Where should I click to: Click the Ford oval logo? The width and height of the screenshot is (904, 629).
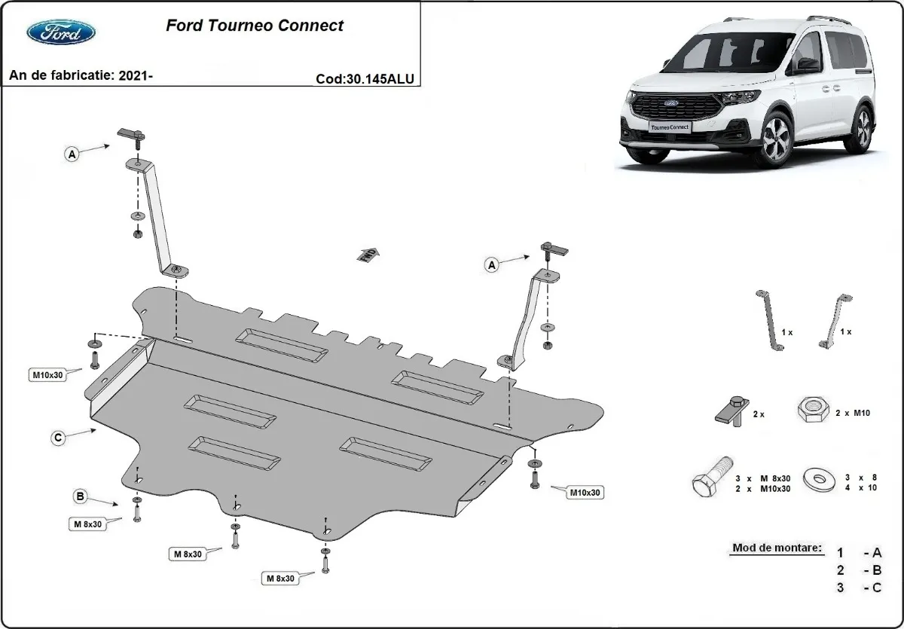tap(61, 32)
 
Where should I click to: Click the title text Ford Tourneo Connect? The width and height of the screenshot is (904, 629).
tap(254, 25)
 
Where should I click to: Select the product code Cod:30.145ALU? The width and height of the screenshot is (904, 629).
tap(365, 78)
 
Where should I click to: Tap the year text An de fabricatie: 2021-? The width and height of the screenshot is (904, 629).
tap(81, 75)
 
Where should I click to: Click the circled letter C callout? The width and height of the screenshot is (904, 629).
tap(58, 436)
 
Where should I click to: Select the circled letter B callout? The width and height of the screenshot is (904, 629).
tap(79, 496)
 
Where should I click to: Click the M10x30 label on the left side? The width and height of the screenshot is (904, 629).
tap(47, 374)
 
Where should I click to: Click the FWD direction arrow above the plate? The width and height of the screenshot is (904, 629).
tap(368, 254)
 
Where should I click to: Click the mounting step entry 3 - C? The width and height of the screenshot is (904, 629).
tap(860, 588)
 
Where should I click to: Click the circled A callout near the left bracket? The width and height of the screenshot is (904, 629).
tap(72, 154)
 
